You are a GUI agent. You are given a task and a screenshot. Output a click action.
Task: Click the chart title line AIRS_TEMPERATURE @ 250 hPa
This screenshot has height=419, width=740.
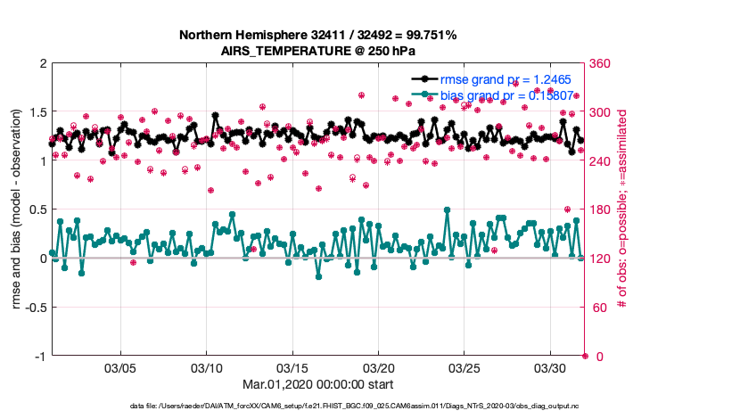[x=318, y=51]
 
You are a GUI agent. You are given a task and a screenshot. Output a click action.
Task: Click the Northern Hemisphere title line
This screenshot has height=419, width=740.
[x=318, y=36]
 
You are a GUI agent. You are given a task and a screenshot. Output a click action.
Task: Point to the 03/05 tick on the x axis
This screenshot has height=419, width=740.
[x=121, y=367]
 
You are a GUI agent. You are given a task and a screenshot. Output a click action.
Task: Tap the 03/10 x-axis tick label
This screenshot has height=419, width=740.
[x=207, y=367]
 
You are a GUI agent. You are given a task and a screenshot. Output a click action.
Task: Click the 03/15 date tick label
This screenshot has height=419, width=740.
[x=292, y=367]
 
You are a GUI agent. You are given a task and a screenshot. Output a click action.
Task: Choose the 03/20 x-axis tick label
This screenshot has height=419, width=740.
[x=378, y=367]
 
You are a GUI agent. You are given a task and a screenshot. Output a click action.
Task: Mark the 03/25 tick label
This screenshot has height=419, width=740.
[x=464, y=367]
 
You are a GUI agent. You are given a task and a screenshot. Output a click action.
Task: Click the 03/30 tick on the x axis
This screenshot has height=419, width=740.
[x=549, y=367]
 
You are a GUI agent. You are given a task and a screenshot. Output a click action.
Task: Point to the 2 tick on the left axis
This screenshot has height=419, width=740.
[x=42, y=63]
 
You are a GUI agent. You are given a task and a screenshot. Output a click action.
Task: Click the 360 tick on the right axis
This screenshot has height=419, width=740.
[x=599, y=63]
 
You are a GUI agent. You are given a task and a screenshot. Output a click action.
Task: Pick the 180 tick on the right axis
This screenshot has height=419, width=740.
[x=599, y=209]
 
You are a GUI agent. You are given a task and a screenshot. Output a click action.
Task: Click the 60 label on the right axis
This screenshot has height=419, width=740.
[x=596, y=308]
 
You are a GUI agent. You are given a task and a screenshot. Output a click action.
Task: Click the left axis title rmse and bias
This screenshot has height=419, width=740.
[x=17, y=209]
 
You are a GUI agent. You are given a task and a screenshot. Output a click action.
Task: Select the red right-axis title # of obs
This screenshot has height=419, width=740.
[x=621, y=209]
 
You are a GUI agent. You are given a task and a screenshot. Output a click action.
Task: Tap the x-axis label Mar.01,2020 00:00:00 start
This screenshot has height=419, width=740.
[x=318, y=384]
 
